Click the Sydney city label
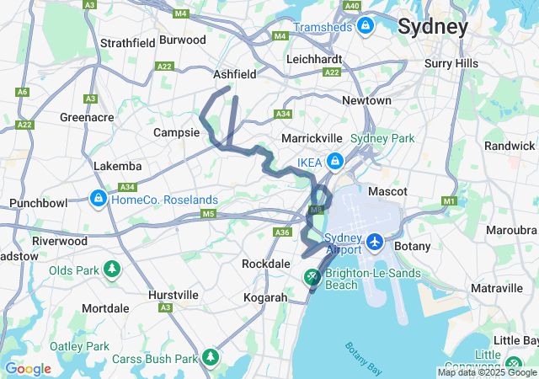[432, 26]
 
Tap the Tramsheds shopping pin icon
[366, 28]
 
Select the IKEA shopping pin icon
[335, 160]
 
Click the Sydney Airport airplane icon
[375, 243]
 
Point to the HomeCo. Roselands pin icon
[99, 200]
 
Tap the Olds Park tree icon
[112, 270]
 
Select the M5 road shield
[207, 214]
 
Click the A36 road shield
[283, 232]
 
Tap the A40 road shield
[352, 6]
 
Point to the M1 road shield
[450, 201]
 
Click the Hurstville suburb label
[173, 295]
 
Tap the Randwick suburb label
[510, 146]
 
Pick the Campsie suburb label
[176, 132]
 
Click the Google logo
[28, 369]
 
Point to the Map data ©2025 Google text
[486, 372]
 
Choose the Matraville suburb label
[497, 288]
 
